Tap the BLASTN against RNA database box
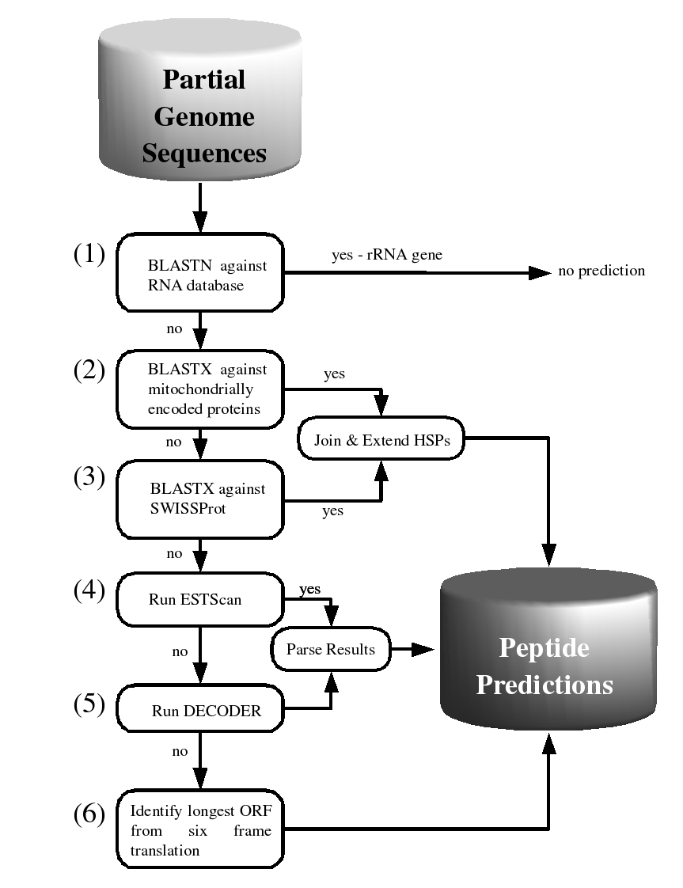point(200,272)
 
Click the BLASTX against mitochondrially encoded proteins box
point(200,389)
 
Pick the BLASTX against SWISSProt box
point(200,499)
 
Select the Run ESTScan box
point(200,599)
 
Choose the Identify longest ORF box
point(200,829)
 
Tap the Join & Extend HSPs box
point(381,439)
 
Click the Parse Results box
point(331,649)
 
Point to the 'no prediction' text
point(601,271)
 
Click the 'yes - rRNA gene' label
point(387,255)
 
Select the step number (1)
point(89,254)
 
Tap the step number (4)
point(89,591)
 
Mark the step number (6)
point(89,814)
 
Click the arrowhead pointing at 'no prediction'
point(540,272)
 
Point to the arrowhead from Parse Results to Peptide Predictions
point(423,649)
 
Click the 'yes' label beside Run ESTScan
point(309,589)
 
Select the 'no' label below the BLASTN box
point(174,329)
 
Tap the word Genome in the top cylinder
point(204,116)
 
